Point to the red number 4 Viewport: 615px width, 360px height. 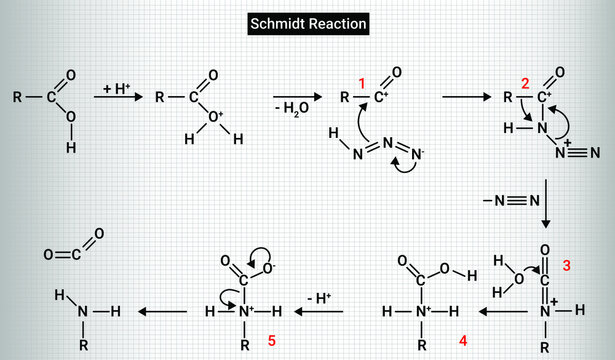pyautogui.click(x=463, y=339)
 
